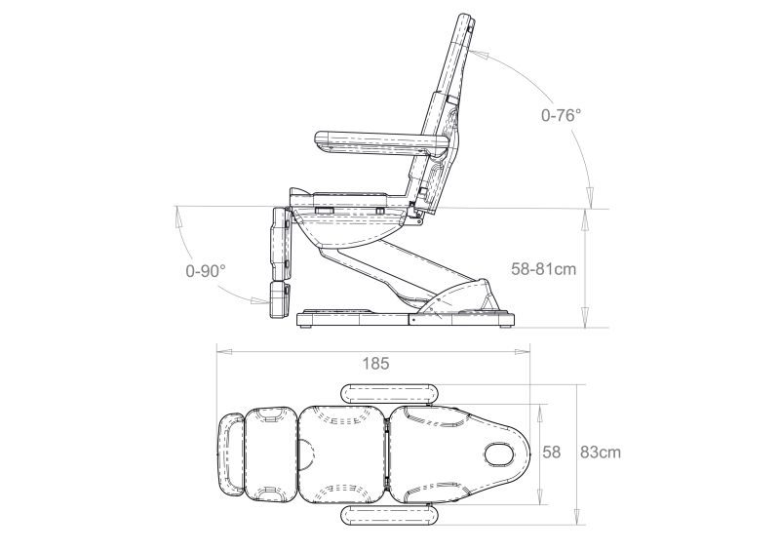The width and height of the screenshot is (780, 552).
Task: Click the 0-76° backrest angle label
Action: [562, 115]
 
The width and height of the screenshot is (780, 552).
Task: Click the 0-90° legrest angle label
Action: [206, 271]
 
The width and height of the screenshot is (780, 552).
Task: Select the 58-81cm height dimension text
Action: [544, 269]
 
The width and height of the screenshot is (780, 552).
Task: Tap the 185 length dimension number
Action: [375, 364]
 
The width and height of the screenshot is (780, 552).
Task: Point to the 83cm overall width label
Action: [601, 453]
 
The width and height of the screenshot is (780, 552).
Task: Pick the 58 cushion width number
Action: [551, 453]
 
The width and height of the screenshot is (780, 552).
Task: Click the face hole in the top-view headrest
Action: [501, 453]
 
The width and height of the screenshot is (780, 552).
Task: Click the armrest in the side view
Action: [382, 142]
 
